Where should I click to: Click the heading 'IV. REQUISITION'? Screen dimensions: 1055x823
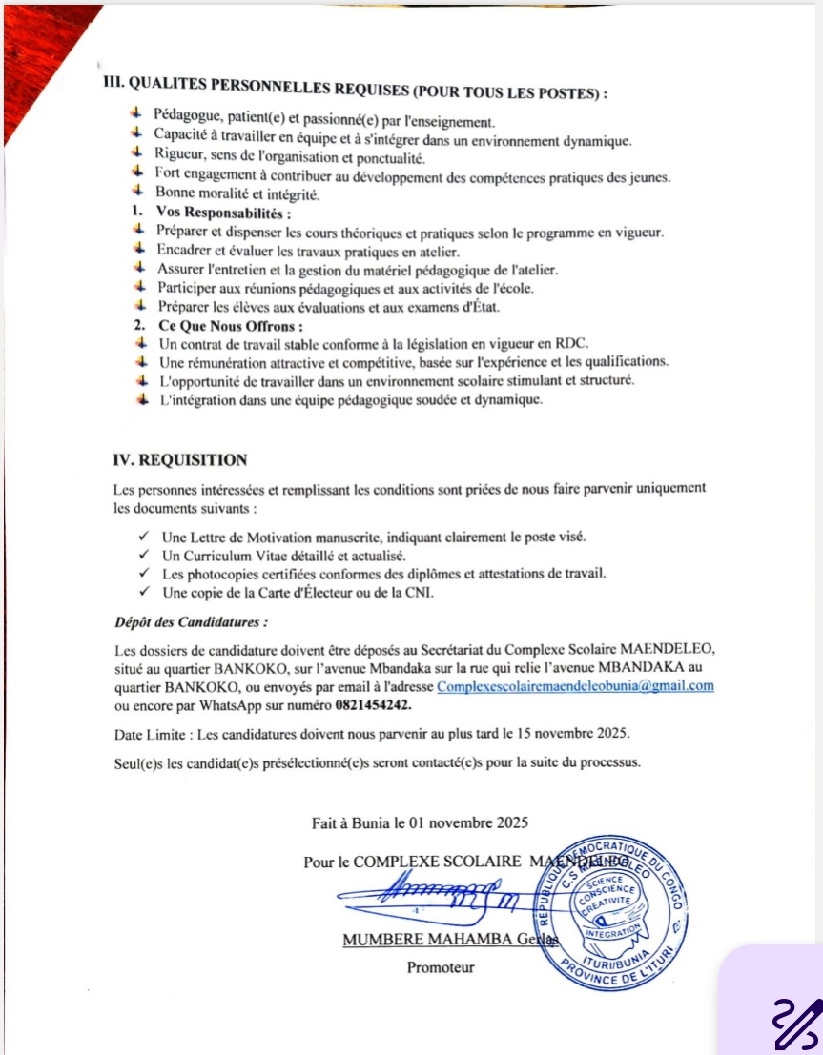[180, 460]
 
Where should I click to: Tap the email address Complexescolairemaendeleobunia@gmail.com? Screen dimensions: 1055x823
[575, 686]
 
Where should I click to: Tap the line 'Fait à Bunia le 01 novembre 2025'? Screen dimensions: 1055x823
[420, 822]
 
